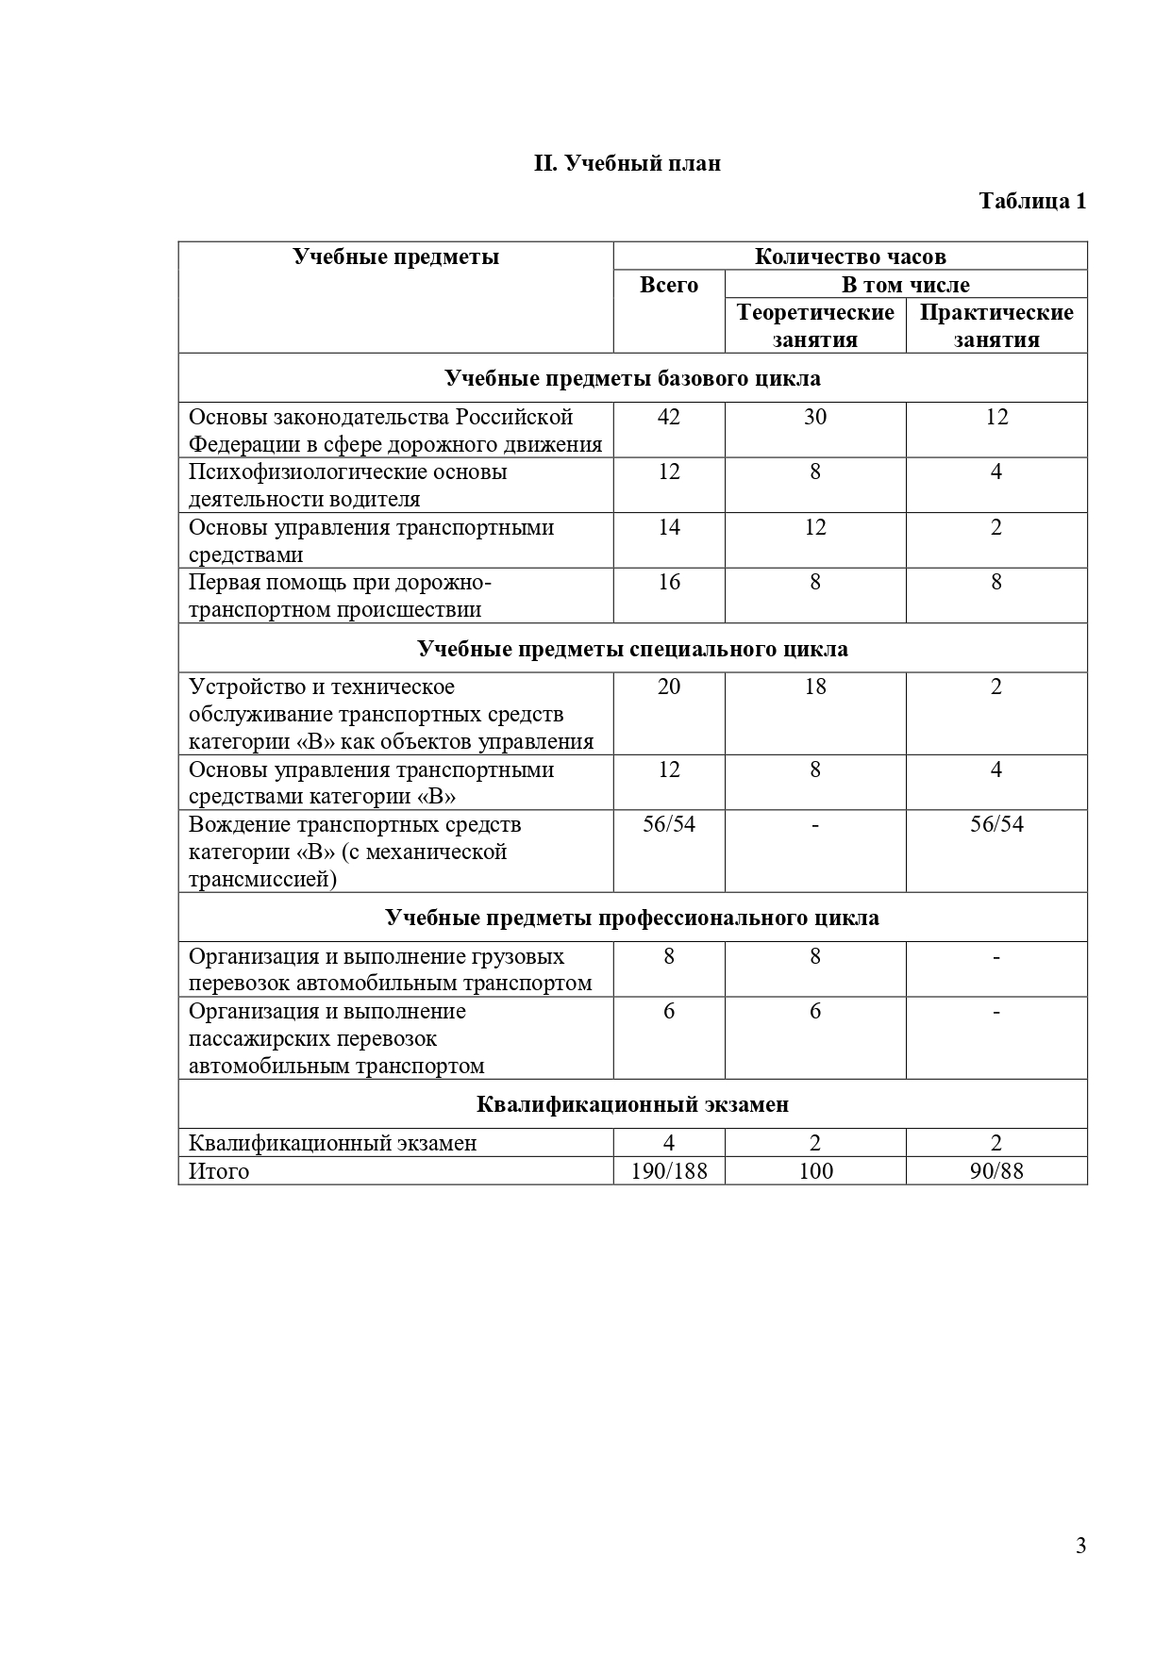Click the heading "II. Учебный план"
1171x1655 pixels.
[627, 163]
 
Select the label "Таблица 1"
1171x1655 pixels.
[1032, 201]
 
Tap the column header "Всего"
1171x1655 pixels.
[669, 285]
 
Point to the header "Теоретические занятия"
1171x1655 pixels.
[815, 325]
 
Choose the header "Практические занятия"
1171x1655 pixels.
[996, 325]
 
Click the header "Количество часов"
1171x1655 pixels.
[850, 257]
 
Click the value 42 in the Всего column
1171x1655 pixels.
[669, 417]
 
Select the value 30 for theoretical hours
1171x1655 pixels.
[815, 417]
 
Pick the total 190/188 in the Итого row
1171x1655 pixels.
[669, 1171]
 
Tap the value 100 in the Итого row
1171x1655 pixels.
[815, 1171]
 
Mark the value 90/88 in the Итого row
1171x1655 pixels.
[996, 1171]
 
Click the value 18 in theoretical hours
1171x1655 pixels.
[815, 687]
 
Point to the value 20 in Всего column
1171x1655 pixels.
[669, 687]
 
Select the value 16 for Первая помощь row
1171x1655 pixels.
[669, 582]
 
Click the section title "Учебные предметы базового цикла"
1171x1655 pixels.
[632, 378]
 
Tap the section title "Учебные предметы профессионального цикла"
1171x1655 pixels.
[632, 918]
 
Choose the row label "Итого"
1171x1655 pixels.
[219, 1171]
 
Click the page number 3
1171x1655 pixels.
[1080, 1546]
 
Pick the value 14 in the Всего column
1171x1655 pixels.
[669, 527]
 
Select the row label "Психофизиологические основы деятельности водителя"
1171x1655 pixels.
[348, 485]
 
